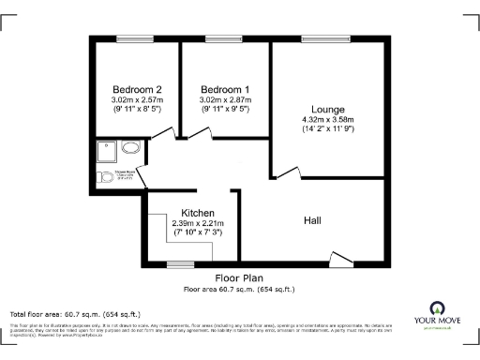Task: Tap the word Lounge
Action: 328,109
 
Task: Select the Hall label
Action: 314,219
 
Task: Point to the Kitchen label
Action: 199,213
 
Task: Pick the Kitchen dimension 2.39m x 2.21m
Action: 199,223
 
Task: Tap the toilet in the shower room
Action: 105,174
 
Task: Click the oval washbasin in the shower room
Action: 131,148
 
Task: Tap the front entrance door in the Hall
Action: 342,256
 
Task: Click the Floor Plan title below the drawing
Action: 239,278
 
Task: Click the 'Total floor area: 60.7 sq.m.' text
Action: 75,313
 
